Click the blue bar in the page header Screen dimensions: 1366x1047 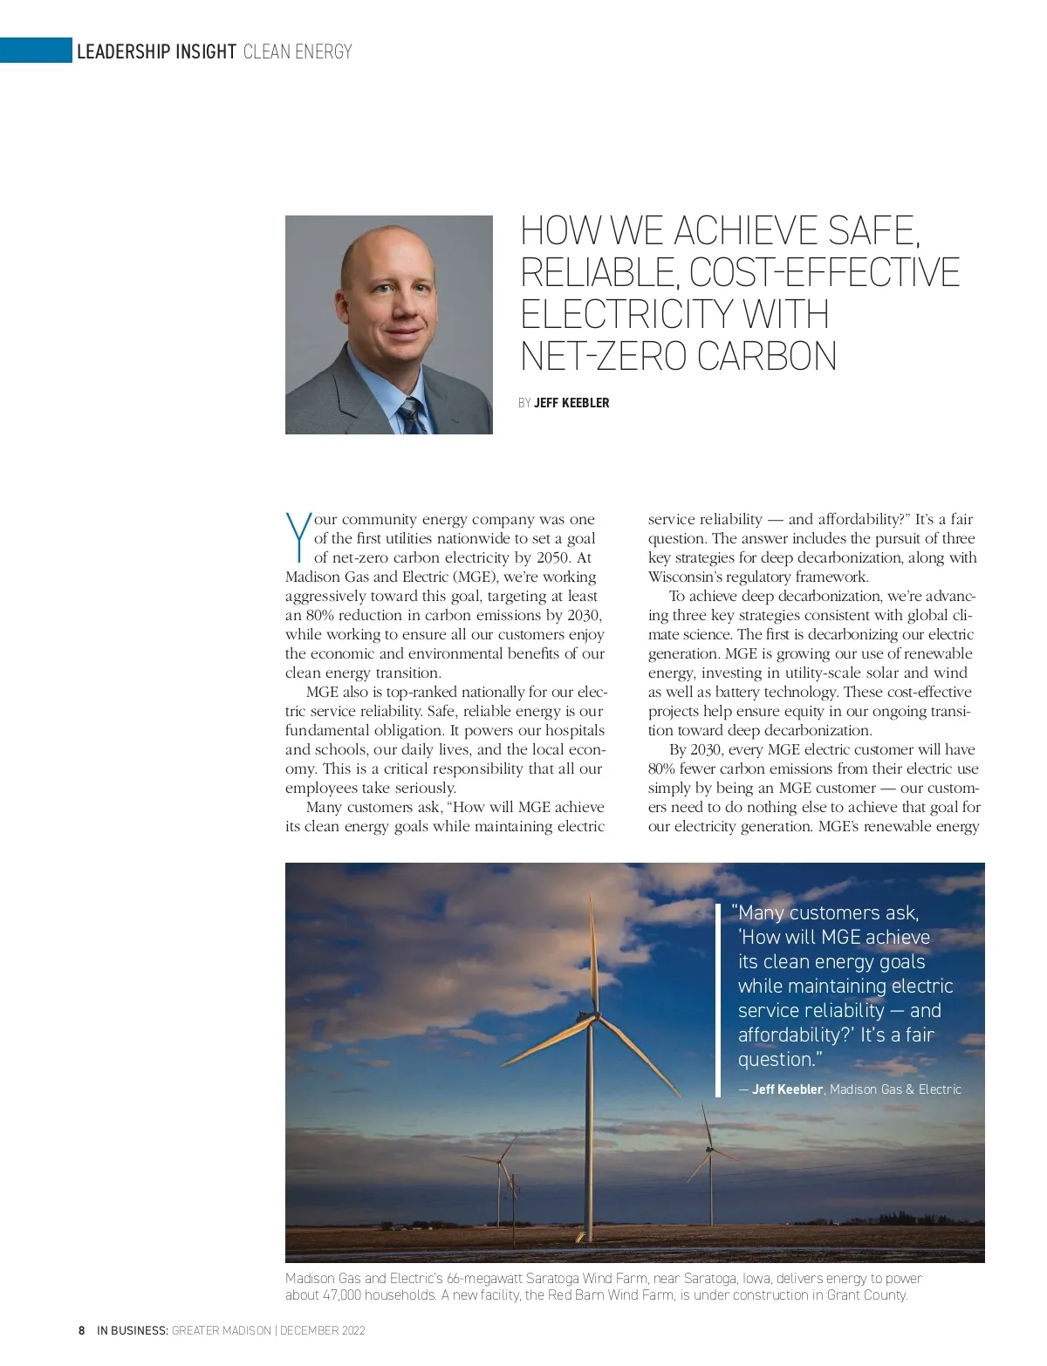point(36,51)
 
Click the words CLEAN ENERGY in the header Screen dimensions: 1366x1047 point(298,52)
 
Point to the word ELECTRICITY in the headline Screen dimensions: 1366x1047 point(624,314)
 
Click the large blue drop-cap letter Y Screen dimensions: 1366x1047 point(298,536)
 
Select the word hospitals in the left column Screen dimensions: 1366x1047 point(572,731)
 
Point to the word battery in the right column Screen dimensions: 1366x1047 point(730,693)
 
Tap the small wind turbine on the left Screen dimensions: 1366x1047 point(501,1163)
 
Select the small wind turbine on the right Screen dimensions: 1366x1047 point(709,1151)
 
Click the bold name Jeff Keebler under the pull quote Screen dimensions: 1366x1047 point(787,1089)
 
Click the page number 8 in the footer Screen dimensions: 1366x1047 point(82,1331)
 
